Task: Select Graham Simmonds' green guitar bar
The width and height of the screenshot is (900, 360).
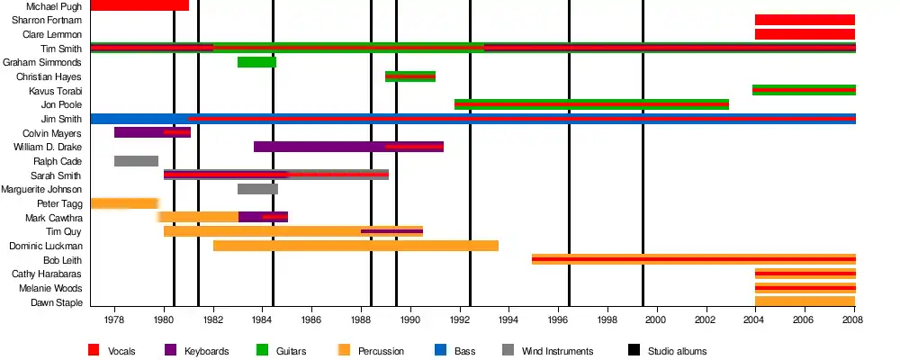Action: click(256, 62)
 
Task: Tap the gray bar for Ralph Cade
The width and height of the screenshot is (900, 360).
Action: click(136, 161)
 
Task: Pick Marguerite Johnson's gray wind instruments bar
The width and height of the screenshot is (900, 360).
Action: click(257, 189)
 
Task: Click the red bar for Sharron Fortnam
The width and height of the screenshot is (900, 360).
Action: click(805, 20)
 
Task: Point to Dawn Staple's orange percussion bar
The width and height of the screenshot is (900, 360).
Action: click(805, 301)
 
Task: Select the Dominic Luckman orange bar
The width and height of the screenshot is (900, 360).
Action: click(355, 246)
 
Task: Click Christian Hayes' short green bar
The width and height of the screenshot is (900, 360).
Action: click(410, 76)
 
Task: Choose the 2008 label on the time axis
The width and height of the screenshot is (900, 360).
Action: click(854, 319)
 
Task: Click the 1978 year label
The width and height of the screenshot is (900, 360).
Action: click(114, 319)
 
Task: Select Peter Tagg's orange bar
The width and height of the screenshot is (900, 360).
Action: click(124, 203)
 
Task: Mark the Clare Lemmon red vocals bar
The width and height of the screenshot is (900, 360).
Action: click(805, 34)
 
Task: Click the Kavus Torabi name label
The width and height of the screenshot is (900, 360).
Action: click(56, 91)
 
